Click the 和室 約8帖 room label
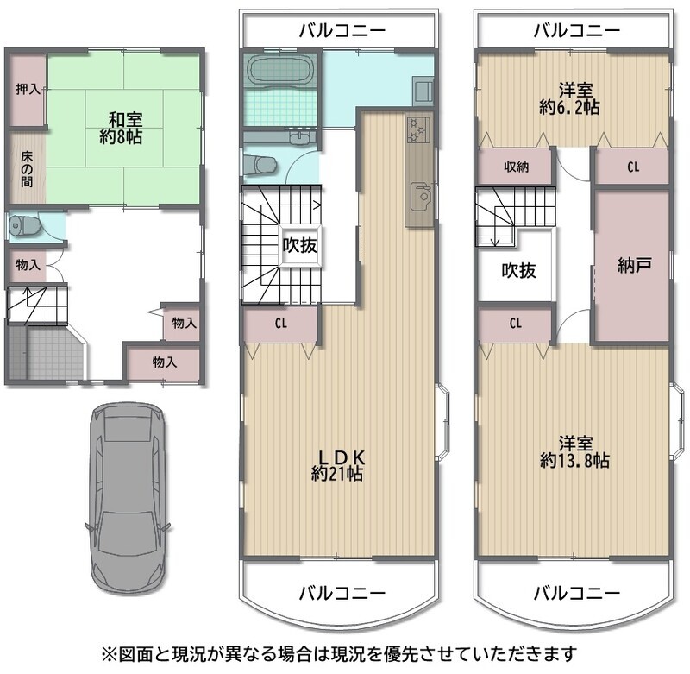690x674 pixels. (121, 128)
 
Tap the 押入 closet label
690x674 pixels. (28, 90)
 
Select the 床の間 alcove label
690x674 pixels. (27, 169)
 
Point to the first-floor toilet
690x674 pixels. (25, 226)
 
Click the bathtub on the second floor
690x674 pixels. (279, 69)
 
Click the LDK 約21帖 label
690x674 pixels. (337, 465)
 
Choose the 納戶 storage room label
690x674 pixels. (635, 265)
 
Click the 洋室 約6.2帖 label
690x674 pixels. (569, 98)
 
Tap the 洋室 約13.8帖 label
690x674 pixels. (574, 451)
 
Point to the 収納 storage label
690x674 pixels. (516, 167)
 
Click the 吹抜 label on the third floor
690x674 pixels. (519, 270)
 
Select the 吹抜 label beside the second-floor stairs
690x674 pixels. (299, 245)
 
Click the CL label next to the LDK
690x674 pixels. (281, 324)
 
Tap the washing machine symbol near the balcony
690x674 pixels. (423, 91)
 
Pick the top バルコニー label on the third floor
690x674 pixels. (577, 30)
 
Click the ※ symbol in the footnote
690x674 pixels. (109, 653)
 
